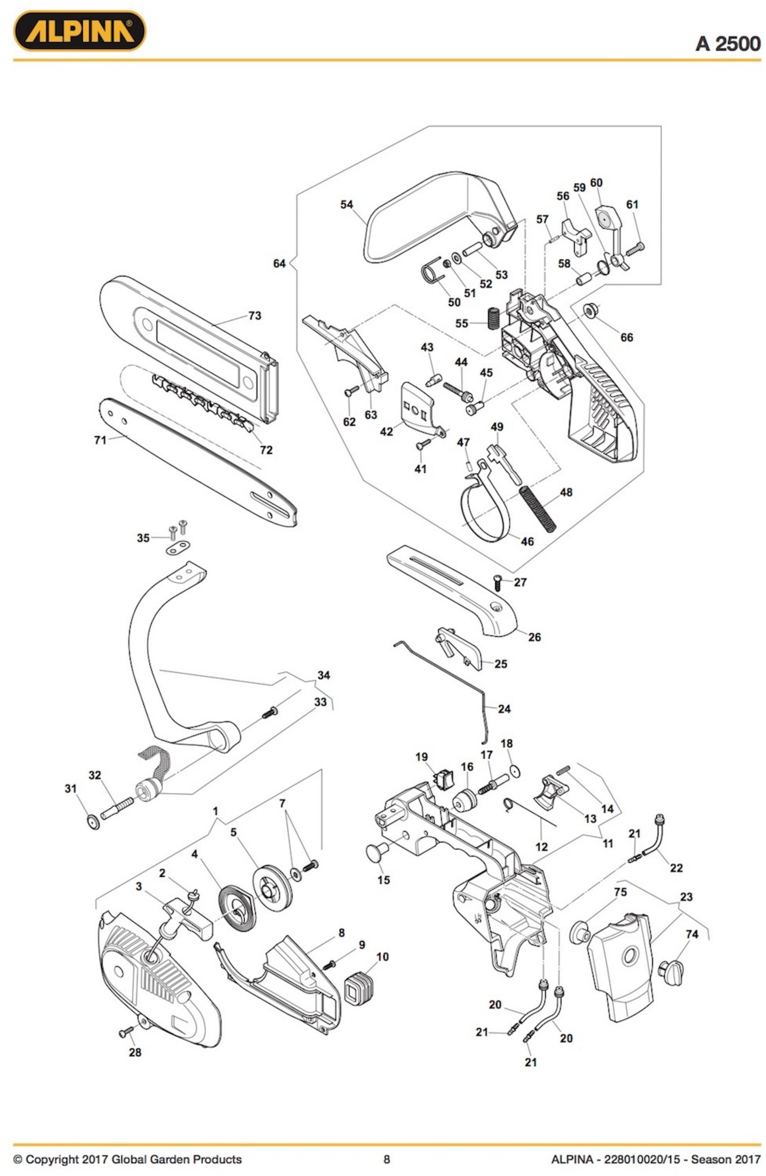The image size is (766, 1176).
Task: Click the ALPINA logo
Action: point(79,31)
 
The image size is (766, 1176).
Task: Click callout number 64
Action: point(279,263)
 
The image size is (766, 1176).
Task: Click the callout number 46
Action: point(527,542)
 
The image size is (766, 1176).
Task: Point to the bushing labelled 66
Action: point(591,309)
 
